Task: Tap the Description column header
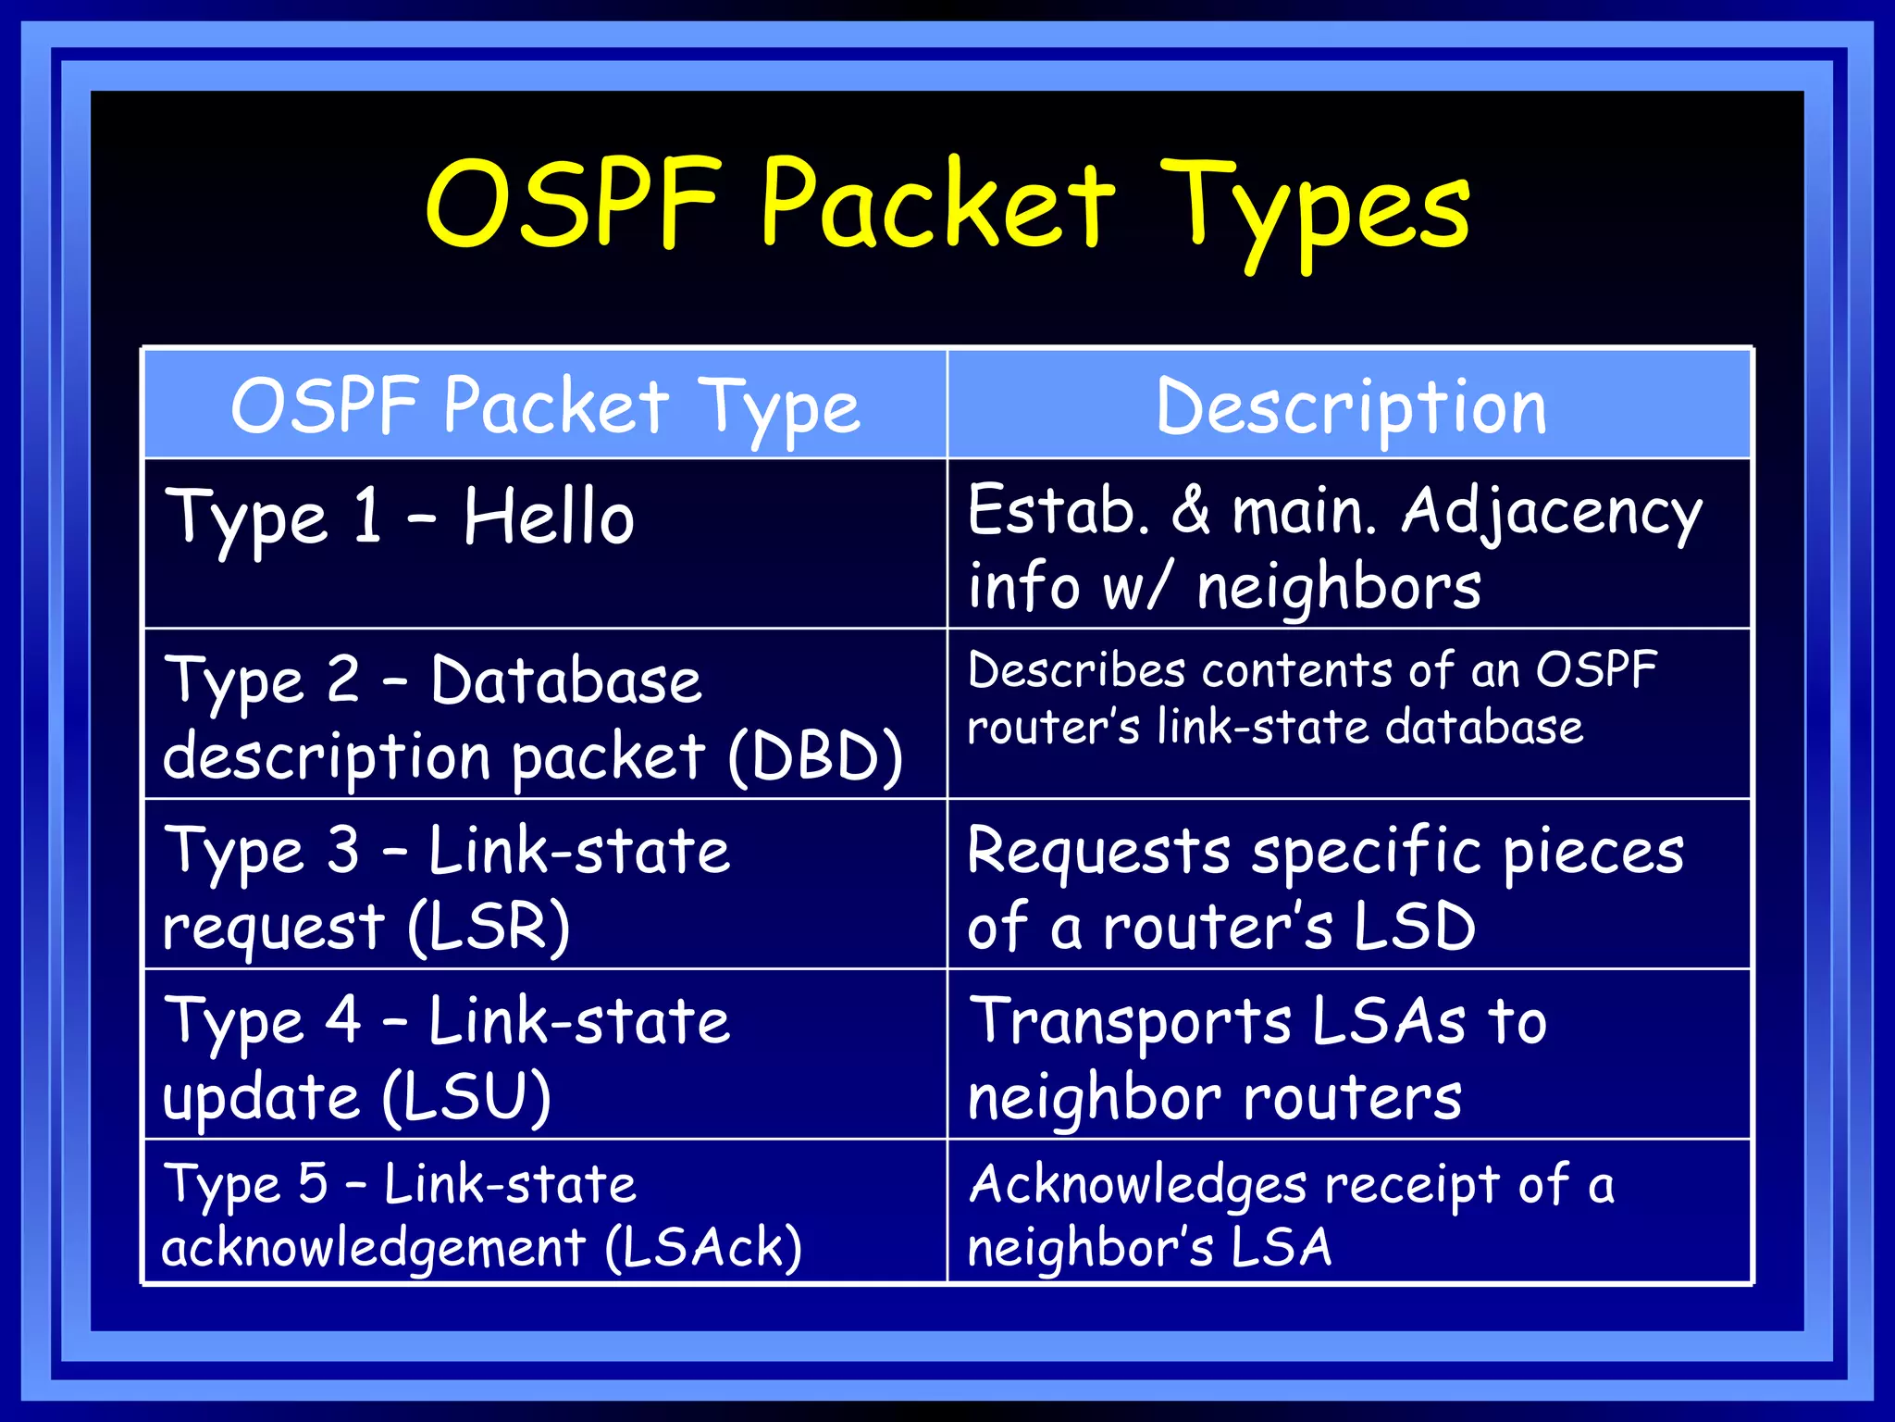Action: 1351,407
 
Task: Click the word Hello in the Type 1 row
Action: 549,517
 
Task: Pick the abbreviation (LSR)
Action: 489,927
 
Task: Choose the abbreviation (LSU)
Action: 467,1098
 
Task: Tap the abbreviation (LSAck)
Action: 703,1247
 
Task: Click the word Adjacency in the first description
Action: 1552,512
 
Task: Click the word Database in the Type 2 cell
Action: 566,680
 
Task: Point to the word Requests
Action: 1098,852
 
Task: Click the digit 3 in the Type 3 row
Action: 343,849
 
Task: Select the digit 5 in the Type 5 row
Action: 313,1183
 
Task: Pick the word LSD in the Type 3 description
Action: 1415,927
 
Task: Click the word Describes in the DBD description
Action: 1076,670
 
